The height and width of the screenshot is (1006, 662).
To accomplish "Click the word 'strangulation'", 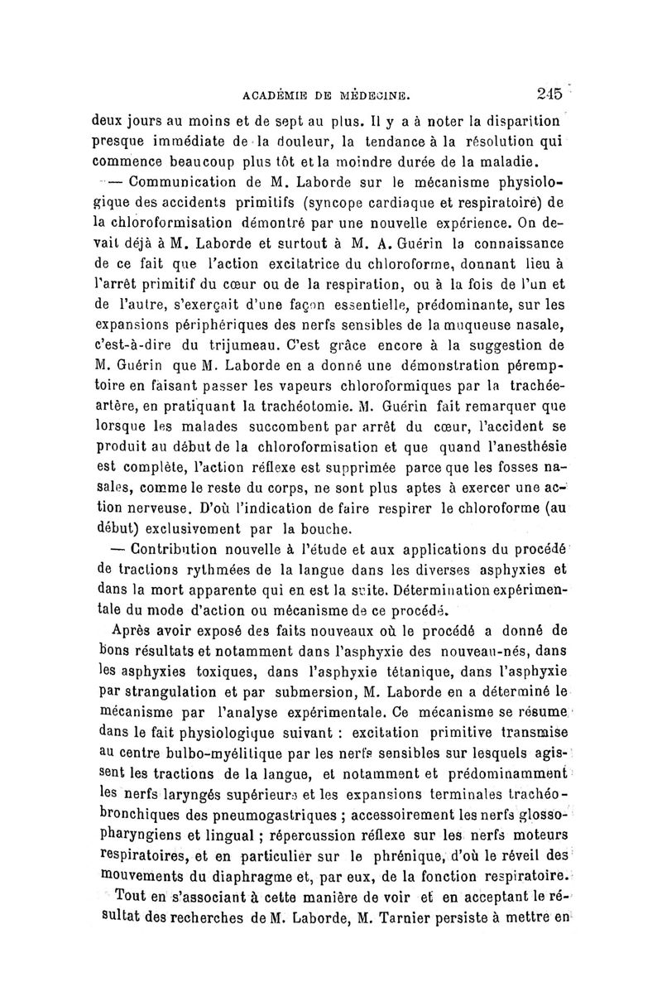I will [180, 686].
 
